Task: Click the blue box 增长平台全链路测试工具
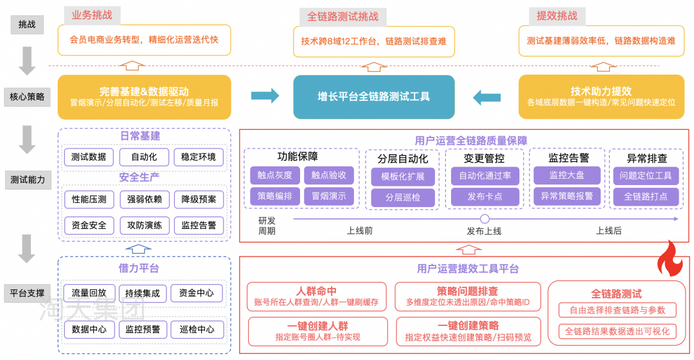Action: point(373,97)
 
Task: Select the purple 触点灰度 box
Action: point(274,175)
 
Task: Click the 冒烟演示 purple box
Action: point(328,196)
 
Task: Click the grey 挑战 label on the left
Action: point(27,24)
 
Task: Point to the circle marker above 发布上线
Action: point(485,219)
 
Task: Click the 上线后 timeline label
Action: point(609,231)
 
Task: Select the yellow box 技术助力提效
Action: point(601,97)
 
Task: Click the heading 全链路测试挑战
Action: point(343,17)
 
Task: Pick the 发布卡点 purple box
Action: point(485,197)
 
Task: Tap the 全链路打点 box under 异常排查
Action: point(645,197)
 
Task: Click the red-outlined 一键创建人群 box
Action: point(317,331)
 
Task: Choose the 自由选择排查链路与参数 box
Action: point(617,310)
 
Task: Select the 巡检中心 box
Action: point(197,329)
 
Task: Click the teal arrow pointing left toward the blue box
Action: point(486,97)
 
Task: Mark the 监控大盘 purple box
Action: point(566,175)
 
